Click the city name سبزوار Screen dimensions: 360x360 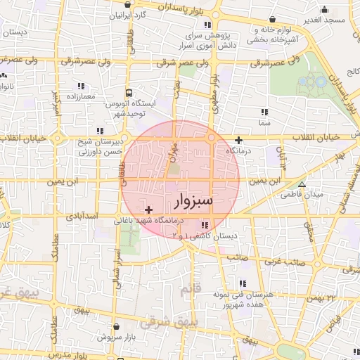192,202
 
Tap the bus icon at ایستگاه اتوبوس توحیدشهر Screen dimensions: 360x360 129,92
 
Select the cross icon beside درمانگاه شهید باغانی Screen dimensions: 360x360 148,210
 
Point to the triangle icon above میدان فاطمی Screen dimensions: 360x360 302,185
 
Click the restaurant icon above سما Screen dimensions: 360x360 264,112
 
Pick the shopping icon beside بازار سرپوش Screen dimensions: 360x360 116,327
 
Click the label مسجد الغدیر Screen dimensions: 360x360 326,20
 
